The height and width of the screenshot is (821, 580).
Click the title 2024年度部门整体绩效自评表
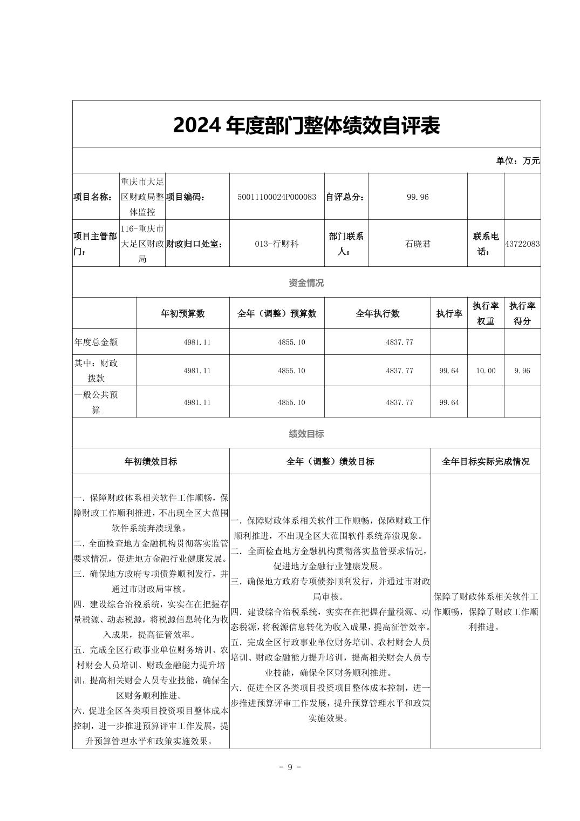(x=306, y=125)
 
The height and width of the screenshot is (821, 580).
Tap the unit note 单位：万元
(x=517, y=160)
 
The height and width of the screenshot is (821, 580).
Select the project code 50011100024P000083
(x=277, y=197)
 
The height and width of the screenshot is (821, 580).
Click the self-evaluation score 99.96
(x=418, y=197)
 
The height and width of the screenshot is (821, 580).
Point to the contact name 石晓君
(x=418, y=244)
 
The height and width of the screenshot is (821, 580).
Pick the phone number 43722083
(x=522, y=244)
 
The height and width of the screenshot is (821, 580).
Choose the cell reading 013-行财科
(x=277, y=244)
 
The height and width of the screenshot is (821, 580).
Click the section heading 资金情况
(x=306, y=282)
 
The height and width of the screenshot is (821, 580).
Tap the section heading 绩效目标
(x=306, y=434)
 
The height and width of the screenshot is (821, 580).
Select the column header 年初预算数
(x=183, y=314)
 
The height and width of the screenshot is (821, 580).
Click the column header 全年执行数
(x=378, y=314)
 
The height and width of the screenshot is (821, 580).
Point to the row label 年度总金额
(x=96, y=342)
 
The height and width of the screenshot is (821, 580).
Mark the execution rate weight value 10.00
(x=486, y=371)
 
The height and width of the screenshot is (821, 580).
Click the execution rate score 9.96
(x=522, y=371)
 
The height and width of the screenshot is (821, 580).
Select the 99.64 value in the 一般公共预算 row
(x=449, y=402)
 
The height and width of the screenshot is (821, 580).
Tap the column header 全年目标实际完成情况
(x=486, y=462)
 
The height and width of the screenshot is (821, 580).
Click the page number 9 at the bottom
(x=290, y=768)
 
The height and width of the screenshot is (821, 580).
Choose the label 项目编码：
(x=186, y=197)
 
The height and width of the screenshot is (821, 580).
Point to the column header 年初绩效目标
(x=151, y=462)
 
